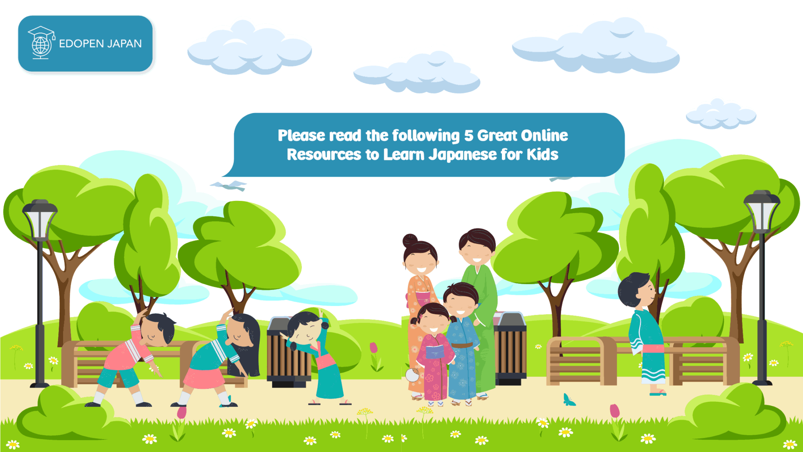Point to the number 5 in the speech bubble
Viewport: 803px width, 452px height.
pos(469,136)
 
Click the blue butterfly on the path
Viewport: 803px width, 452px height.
pos(569,400)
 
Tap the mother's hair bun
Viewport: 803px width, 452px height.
pos(410,240)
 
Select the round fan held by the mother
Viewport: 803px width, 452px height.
pos(412,375)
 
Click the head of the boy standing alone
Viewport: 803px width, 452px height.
pos(637,290)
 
